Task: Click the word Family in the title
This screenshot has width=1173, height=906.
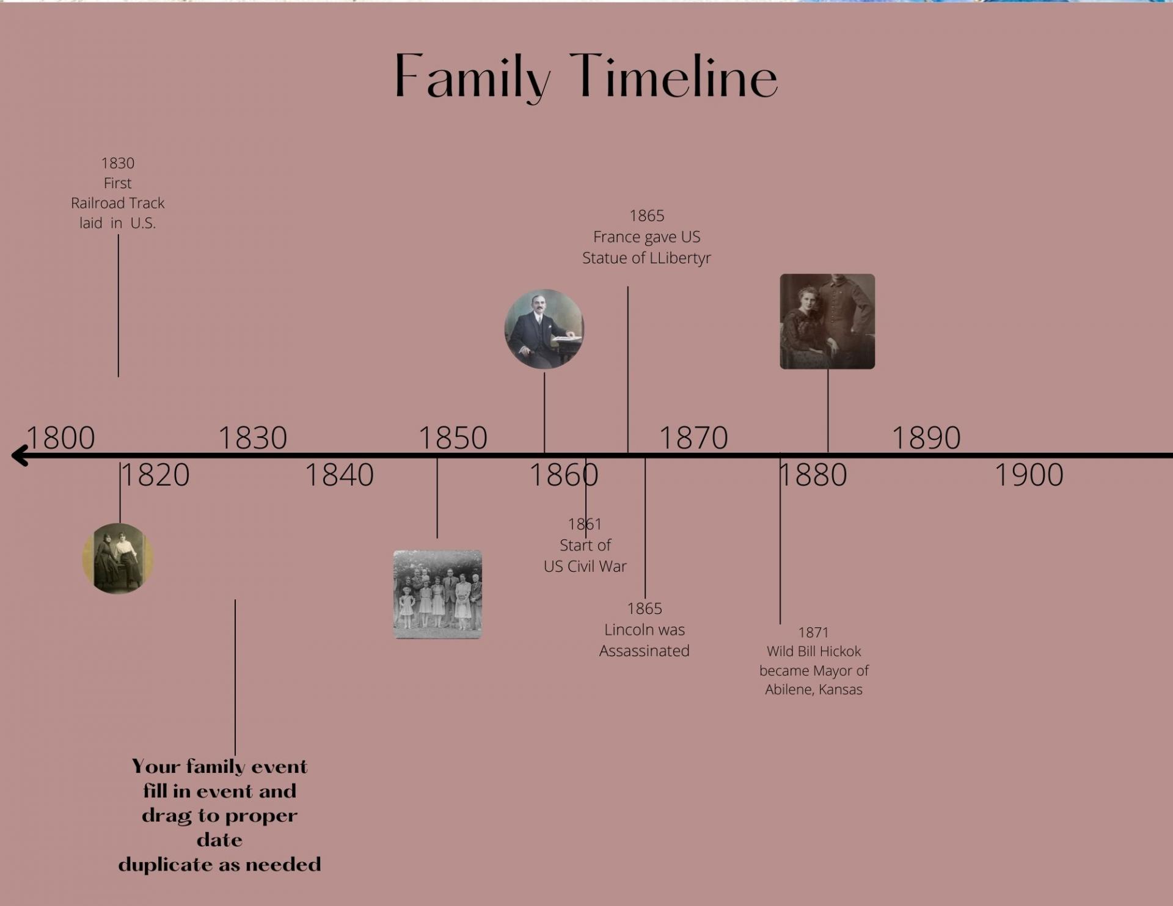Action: pos(472,78)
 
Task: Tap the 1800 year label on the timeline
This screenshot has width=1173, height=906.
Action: pos(60,437)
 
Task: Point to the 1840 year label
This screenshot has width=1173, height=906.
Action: pos(339,475)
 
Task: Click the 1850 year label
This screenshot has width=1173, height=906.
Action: pos(453,437)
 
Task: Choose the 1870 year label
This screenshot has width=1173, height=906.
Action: pos(693,437)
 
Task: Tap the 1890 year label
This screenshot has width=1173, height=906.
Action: pos(926,437)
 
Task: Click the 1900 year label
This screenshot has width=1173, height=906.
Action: pos(1029,475)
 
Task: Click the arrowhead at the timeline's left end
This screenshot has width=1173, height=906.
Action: pos(20,455)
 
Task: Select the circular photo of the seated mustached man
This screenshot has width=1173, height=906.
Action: pos(544,329)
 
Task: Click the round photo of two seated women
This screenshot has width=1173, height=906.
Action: pos(118,558)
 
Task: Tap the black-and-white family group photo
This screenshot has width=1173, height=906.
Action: pos(437,594)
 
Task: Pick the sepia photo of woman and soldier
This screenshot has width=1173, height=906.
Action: pos(827,321)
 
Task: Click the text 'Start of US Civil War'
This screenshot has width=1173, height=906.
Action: pos(585,555)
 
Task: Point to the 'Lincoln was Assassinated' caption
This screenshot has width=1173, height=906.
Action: pos(645,640)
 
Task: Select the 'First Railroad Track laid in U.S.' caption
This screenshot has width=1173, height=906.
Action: pos(118,203)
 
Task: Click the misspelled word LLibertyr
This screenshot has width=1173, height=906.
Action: pos(680,258)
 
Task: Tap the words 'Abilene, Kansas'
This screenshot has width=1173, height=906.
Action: pos(814,690)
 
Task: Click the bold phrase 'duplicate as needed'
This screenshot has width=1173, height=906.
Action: pos(220,864)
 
